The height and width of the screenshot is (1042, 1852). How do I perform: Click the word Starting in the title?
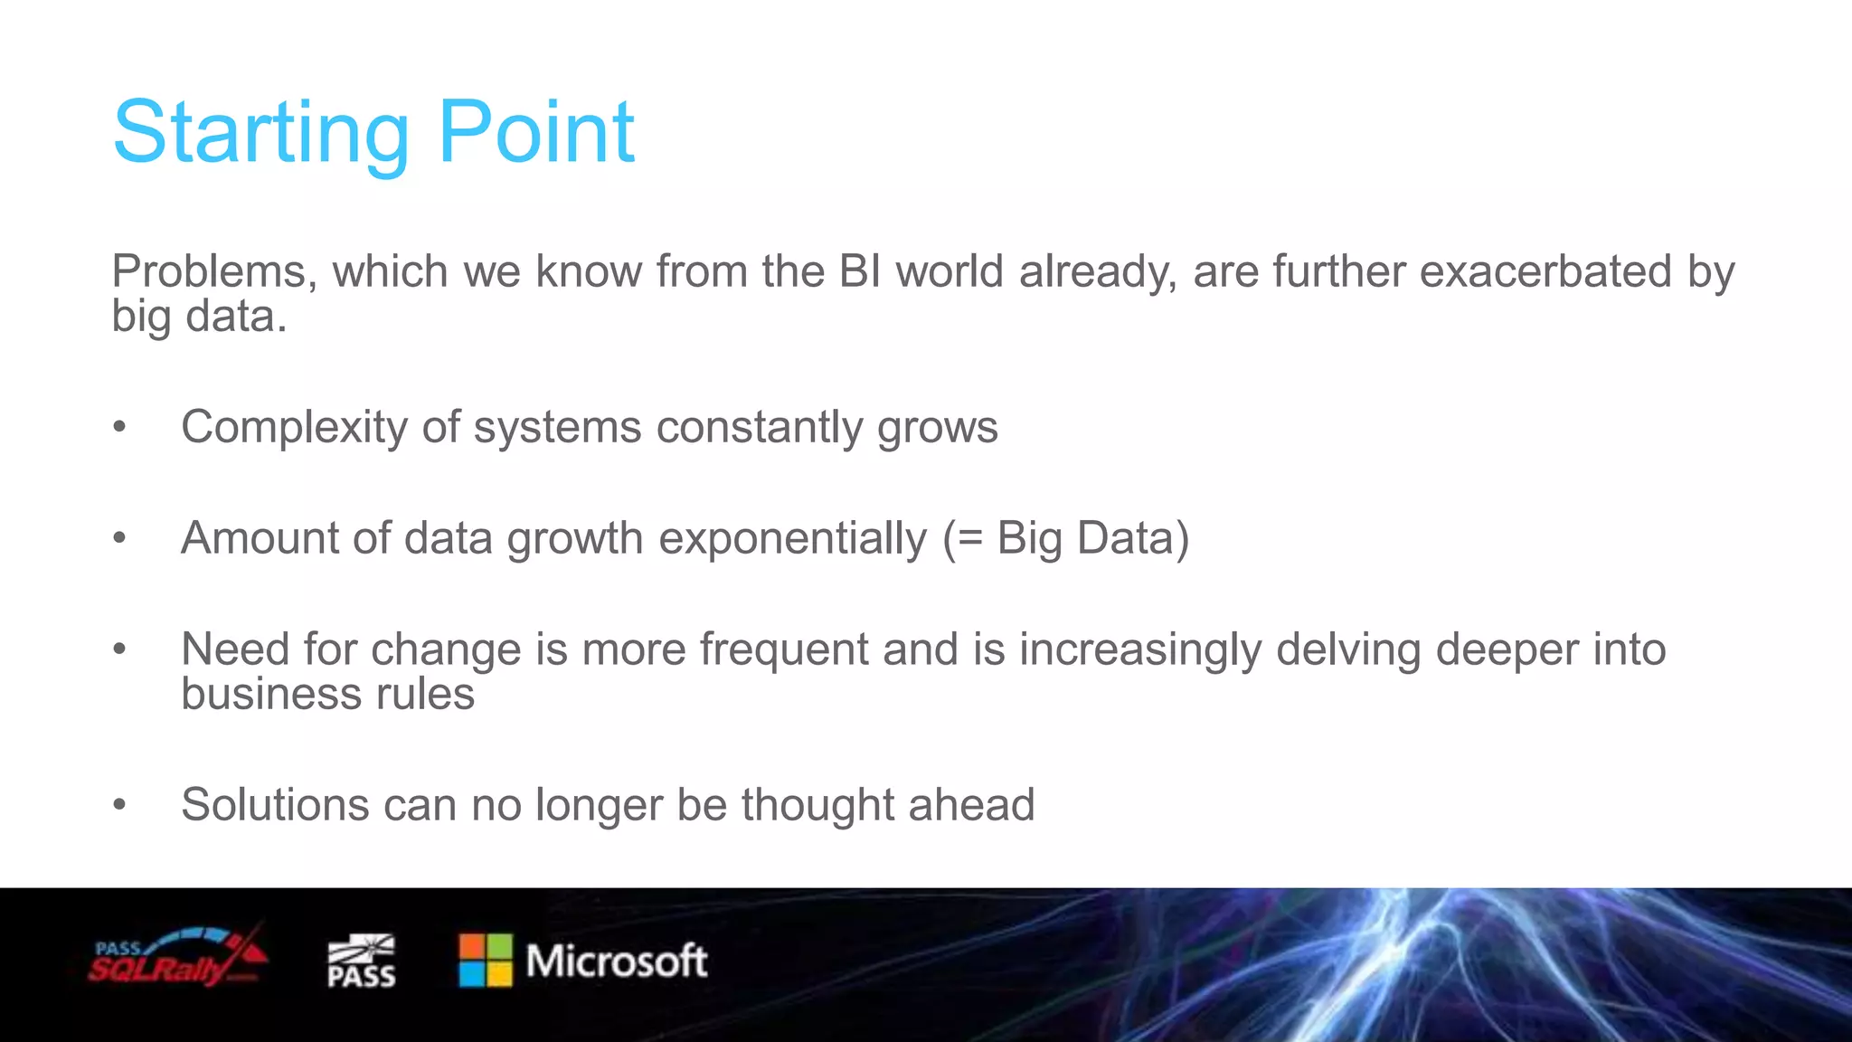coord(261,133)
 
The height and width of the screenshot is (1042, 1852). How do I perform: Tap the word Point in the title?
coord(536,133)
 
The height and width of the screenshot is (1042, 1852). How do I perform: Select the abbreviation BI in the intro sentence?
coord(859,271)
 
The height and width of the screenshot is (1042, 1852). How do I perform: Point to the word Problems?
coord(214,271)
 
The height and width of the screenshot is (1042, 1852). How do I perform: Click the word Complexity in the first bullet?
coord(295,427)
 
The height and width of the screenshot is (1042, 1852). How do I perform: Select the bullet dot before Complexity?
coord(119,427)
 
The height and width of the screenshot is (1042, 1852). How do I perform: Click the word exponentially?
coord(793,538)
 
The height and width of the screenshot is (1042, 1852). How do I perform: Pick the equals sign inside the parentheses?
coord(969,540)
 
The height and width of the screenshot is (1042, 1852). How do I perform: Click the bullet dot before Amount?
coord(119,538)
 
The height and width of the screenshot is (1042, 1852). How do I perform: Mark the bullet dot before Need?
coord(119,649)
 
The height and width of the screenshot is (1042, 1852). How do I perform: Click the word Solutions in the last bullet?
coord(275,805)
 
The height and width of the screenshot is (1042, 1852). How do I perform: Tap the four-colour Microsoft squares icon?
coord(486,961)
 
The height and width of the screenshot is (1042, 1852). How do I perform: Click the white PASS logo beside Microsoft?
coord(361,961)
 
